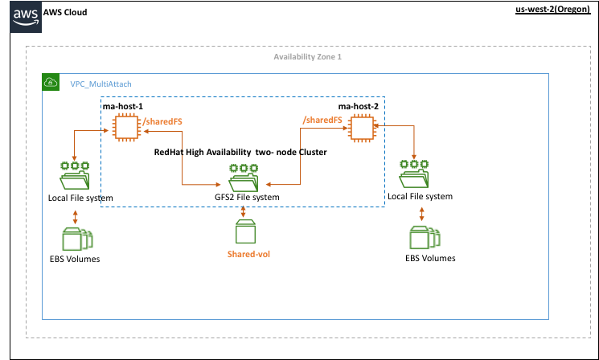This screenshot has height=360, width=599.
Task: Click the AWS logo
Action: coord(25,17)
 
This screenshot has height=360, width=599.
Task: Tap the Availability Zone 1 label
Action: coord(307,57)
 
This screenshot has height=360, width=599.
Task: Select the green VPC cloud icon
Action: coord(51,82)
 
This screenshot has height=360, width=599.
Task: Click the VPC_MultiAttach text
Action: coord(101,84)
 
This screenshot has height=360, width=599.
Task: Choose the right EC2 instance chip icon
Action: coord(362,128)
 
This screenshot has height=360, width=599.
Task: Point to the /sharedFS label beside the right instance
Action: coord(322,120)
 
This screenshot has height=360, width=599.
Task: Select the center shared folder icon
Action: coord(243,178)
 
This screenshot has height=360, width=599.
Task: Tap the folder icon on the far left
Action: coord(75,175)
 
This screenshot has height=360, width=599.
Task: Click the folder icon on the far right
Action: coord(414,175)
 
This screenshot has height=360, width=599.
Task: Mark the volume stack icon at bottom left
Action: coord(76,239)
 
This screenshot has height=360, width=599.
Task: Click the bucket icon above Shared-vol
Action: coord(245,231)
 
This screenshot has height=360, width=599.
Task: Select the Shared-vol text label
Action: coord(248,254)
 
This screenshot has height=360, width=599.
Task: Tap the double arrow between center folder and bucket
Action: coord(243,208)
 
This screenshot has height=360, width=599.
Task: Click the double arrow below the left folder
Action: coord(75,216)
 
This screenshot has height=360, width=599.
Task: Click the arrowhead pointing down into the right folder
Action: coord(414,157)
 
